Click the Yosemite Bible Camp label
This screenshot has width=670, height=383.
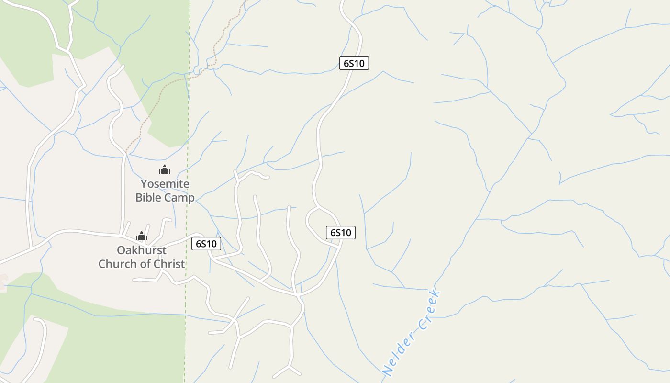[x=165, y=191]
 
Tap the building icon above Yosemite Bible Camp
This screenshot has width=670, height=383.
[x=165, y=169]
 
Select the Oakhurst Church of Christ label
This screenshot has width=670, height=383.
[x=142, y=257]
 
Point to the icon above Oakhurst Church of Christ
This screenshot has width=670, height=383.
[x=141, y=236]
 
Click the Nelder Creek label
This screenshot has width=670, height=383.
[x=412, y=333]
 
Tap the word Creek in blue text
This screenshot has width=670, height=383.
[x=429, y=310]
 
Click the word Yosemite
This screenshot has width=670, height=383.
[x=165, y=184]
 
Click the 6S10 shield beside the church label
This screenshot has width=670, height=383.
[x=206, y=244]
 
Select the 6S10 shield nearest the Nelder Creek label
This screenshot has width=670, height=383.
[x=340, y=233]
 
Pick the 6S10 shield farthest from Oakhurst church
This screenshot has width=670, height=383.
[x=354, y=63]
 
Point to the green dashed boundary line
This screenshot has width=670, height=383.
[x=188, y=144]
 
